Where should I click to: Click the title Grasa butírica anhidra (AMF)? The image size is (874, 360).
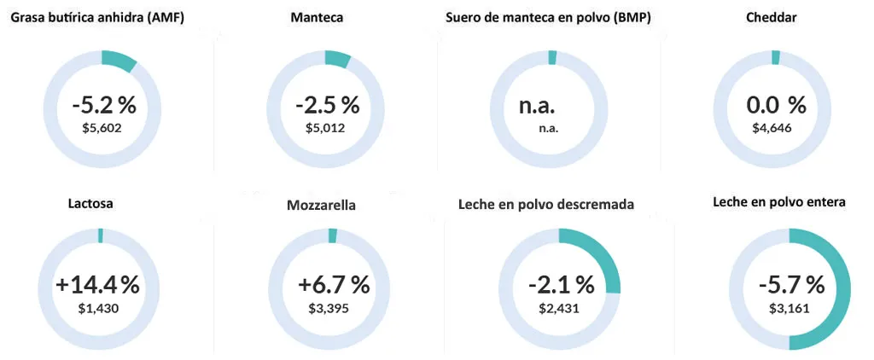click(109, 17)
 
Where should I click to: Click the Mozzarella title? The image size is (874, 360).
click(322, 205)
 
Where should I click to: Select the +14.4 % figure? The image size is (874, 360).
click(97, 285)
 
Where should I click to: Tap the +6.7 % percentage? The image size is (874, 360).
click(334, 285)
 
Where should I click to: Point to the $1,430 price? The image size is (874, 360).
click(99, 307)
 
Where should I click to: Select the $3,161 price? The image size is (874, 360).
click(790, 307)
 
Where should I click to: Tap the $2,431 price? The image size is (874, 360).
click(559, 307)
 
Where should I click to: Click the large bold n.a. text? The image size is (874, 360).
click(537, 106)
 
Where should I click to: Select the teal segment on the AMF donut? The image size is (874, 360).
click(119, 61)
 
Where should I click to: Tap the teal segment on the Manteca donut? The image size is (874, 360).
click(338, 59)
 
